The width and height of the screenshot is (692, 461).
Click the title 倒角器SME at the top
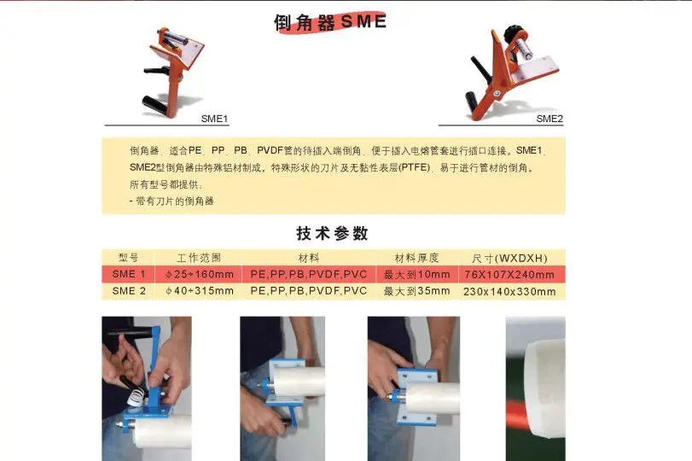330,21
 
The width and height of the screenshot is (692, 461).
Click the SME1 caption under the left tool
214,119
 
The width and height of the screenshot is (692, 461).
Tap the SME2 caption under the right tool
550,119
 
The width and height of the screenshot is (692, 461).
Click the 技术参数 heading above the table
332,233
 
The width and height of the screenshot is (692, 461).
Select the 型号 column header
129,258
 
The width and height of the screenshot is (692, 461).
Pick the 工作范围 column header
199,258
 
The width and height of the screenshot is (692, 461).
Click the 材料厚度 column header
416,258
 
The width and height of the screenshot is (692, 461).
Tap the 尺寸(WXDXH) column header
509,258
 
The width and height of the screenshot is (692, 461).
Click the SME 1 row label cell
129,274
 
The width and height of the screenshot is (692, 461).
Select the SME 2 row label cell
129,291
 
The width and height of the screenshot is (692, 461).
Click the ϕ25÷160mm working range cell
200,274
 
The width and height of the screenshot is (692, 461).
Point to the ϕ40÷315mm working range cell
200,291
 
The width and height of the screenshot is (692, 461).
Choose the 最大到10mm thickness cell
417,274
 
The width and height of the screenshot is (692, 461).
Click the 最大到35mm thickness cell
417,291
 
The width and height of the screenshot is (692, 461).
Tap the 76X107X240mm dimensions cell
509,275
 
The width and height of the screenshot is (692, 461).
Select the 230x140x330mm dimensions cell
509,291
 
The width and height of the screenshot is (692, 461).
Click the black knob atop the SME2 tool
514,32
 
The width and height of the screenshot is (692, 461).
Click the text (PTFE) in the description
414,167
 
